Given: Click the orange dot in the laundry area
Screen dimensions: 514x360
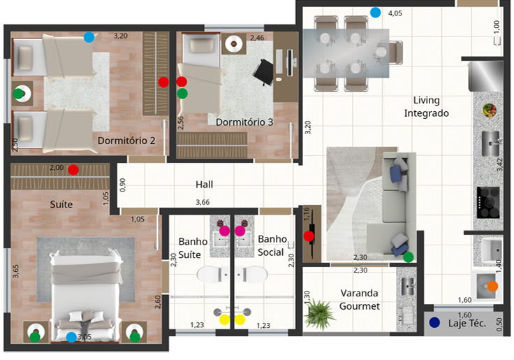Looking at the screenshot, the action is [492, 286].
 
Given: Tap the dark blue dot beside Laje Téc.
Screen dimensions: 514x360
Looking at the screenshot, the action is [434, 322].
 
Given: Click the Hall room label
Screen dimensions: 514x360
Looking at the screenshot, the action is [204, 185].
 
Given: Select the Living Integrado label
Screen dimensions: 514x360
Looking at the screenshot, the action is [427, 107].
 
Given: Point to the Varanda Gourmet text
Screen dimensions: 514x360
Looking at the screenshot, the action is [360, 300].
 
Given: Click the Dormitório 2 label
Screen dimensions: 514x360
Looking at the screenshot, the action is [126, 141].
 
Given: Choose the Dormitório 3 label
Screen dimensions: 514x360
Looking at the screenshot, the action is [244, 122].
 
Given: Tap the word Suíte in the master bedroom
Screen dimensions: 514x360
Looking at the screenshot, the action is [61, 204].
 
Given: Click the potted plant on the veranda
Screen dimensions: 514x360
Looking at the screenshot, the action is [319, 313].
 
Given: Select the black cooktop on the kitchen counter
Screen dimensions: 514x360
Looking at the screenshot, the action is [488, 203].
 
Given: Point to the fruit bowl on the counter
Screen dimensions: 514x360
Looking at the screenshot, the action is [489, 110].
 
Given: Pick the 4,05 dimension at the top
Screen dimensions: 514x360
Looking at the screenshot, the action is [395, 13].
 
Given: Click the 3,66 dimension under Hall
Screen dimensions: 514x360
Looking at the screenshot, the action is [203, 202].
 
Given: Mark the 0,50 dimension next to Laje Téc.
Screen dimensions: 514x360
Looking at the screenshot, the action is [499, 324].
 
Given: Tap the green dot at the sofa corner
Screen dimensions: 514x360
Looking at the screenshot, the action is [408, 257].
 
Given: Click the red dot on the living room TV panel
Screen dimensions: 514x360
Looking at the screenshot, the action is [309, 236].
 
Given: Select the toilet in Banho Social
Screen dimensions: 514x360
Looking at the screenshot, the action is [251, 274].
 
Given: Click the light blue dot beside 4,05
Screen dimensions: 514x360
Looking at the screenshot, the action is [375, 13].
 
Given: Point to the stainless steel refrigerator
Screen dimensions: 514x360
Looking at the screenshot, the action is [485, 76].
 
